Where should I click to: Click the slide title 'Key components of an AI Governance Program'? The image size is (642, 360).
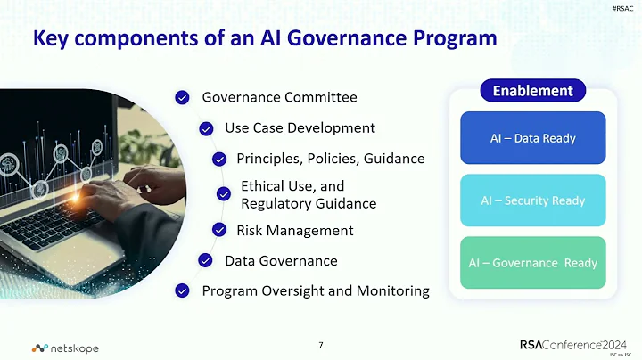coord(264,39)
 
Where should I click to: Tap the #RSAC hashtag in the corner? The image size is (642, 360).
coord(624,7)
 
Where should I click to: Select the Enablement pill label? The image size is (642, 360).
coord(532,91)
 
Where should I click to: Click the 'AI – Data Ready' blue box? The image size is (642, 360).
coord(532,138)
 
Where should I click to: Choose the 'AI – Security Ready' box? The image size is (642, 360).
coord(532,200)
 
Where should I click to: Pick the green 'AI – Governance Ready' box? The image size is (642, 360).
coord(532,263)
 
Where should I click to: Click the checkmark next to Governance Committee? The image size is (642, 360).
coord(183,97)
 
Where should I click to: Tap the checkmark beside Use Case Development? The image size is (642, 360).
coord(206,128)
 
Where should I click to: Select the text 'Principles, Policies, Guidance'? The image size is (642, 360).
coord(330,159)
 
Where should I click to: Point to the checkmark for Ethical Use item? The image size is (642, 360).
coord(224,194)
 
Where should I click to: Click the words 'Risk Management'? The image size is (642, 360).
coord(294,231)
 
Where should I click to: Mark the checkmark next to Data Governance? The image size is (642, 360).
coord(206,260)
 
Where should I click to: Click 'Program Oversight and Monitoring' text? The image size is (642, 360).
coord(316,290)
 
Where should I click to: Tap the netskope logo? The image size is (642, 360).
coord(65,348)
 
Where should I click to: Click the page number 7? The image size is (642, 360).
coord(321,345)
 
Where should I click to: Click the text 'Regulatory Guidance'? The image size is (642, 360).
coord(309,203)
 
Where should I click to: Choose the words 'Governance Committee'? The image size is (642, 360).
coord(279,97)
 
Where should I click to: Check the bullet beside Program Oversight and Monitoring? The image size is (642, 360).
coord(183,290)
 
